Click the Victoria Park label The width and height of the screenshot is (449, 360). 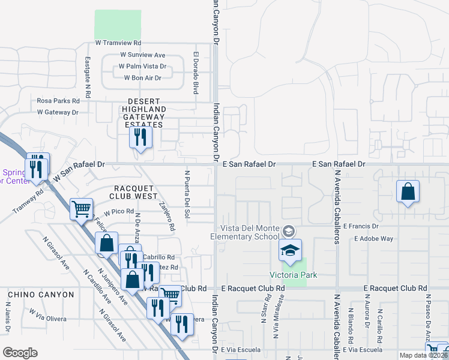pyautogui.click(x=294, y=275)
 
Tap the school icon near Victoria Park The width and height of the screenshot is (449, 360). pyautogui.click(x=289, y=250)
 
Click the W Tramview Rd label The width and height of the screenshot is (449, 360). pyautogui.click(x=118, y=43)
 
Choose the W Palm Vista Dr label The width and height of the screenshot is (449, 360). pyautogui.click(x=142, y=67)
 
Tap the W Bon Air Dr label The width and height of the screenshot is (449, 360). pyautogui.click(x=142, y=78)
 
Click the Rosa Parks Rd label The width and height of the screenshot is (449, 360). pyautogui.click(x=59, y=101)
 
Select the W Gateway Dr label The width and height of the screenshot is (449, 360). pyautogui.click(x=58, y=112)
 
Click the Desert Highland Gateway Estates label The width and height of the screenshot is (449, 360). pyautogui.click(x=143, y=110)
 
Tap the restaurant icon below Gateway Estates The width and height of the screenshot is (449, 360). pyautogui.click(x=141, y=137)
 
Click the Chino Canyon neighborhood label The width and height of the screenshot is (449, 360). pyautogui.click(x=41, y=295)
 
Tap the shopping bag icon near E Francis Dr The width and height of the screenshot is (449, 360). pyautogui.click(x=408, y=193)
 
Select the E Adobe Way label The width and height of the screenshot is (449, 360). pyautogui.click(x=373, y=238)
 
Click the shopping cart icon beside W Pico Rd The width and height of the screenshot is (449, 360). pyautogui.click(x=81, y=209)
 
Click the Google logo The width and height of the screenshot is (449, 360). pyautogui.click(x=20, y=353)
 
